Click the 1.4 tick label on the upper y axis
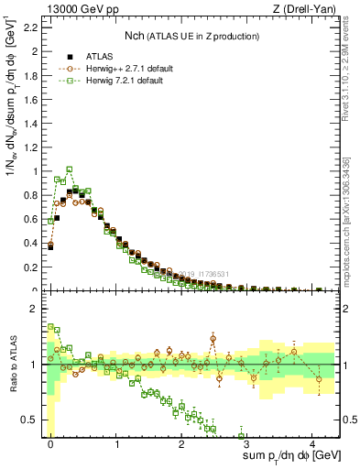click(30, 123)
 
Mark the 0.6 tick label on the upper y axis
click(30, 219)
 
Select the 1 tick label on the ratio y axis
click(36, 365)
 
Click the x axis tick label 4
click(312, 443)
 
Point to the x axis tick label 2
click(181, 443)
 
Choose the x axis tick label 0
click(50, 443)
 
